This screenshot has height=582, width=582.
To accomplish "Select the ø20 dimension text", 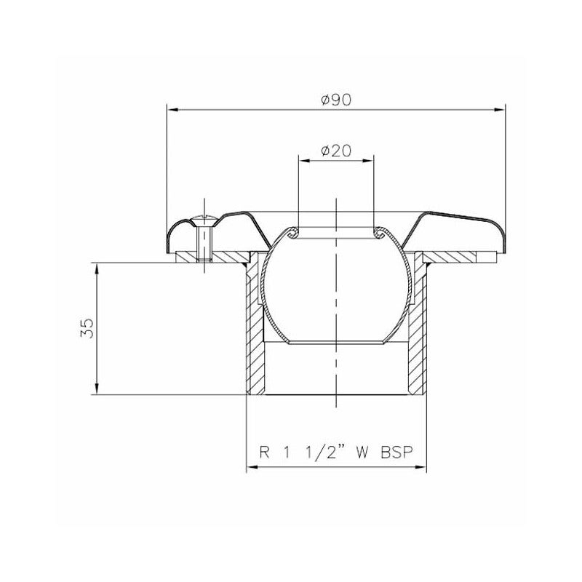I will point(336,151).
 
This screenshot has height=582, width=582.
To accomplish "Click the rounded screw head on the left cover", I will point(204,219).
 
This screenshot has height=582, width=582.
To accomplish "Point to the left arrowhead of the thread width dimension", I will point(252,468).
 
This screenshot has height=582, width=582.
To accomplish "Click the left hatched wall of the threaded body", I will point(255,335).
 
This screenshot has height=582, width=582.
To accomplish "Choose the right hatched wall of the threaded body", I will point(415,335).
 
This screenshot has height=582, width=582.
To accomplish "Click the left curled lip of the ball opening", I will point(294,232).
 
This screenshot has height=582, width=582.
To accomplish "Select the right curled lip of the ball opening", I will point(378,232).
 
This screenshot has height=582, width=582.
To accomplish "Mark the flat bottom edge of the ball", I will point(336,342).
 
